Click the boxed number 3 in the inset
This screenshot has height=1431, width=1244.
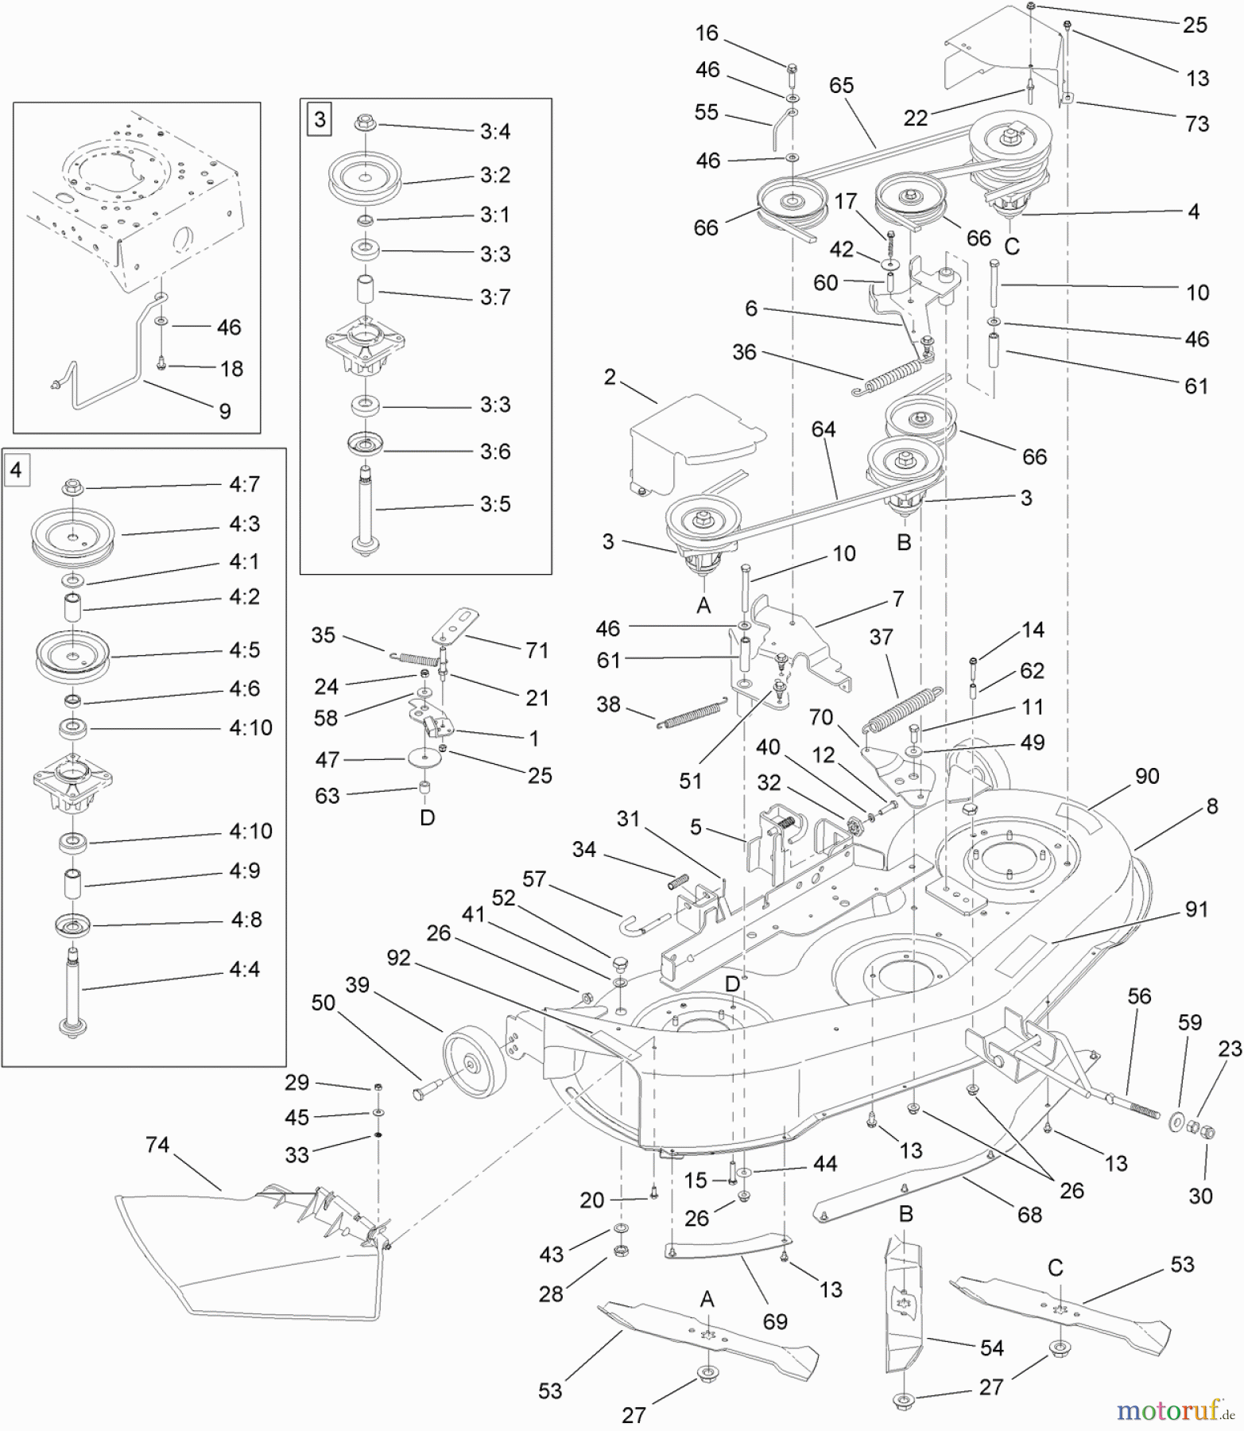[x=320, y=120]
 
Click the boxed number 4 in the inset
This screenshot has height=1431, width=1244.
[x=16, y=471]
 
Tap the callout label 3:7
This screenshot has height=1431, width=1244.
[x=495, y=297]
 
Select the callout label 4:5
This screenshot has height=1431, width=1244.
[x=244, y=650]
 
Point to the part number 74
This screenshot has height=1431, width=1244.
[x=157, y=1144]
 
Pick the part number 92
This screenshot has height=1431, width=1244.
[x=398, y=957]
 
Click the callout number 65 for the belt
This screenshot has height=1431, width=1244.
[x=841, y=85]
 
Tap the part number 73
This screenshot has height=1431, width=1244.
[x=1196, y=123]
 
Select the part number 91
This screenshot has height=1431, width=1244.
[x=1196, y=909]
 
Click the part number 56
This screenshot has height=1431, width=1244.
[x=1139, y=996]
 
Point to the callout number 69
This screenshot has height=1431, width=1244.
[x=775, y=1321]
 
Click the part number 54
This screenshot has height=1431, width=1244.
[x=991, y=1348]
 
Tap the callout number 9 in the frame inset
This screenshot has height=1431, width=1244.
[x=225, y=411]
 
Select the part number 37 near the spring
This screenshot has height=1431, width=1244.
[x=881, y=637]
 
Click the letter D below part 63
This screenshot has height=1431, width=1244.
[x=427, y=817]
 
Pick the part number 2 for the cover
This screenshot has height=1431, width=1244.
[x=610, y=377]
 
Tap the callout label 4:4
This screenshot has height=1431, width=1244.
[x=244, y=969]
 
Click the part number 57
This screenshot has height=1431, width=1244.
[x=534, y=878]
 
